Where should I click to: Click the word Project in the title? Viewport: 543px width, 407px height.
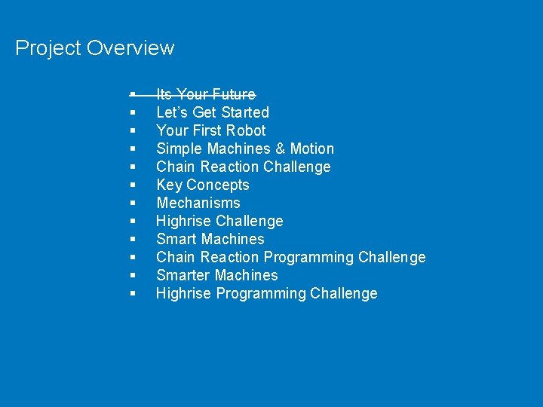point(48,49)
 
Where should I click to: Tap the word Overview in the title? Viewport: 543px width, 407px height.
point(130,48)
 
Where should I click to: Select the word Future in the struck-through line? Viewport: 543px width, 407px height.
point(234,94)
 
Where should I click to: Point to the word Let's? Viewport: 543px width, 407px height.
point(173,112)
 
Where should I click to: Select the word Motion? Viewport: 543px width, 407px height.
point(312,148)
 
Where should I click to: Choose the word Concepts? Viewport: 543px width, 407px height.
point(217,185)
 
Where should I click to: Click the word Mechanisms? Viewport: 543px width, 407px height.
point(198,203)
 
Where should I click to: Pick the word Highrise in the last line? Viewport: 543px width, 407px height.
point(184,293)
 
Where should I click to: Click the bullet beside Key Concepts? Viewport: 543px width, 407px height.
point(132,185)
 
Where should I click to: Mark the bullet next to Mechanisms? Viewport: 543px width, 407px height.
point(132,203)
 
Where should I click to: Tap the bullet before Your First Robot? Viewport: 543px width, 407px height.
point(132,130)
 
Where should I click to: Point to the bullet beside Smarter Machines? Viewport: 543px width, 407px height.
point(132,275)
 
